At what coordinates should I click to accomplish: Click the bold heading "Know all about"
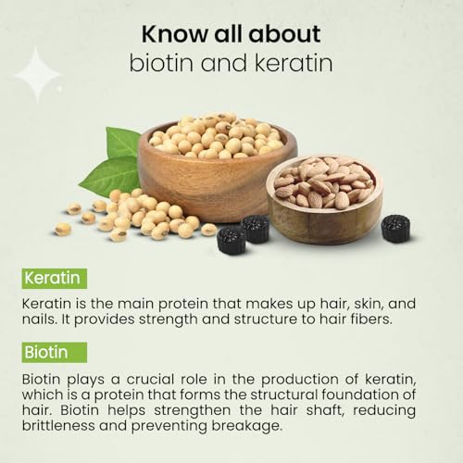click(231, 33)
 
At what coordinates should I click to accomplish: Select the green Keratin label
click(55, 279)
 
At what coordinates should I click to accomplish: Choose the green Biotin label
click(55, 352)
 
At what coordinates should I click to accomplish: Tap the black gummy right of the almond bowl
click(396, 229)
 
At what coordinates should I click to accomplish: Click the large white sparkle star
click(37, 75)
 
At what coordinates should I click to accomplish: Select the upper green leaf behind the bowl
click(122, 142)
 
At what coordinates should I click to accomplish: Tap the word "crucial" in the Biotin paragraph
click(150, 380)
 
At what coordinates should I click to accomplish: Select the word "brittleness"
click(58, 426)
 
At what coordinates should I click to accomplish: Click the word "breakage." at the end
click(247, 426)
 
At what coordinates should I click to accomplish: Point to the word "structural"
click(284, 394)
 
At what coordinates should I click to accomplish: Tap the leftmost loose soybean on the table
click(63, 230)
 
